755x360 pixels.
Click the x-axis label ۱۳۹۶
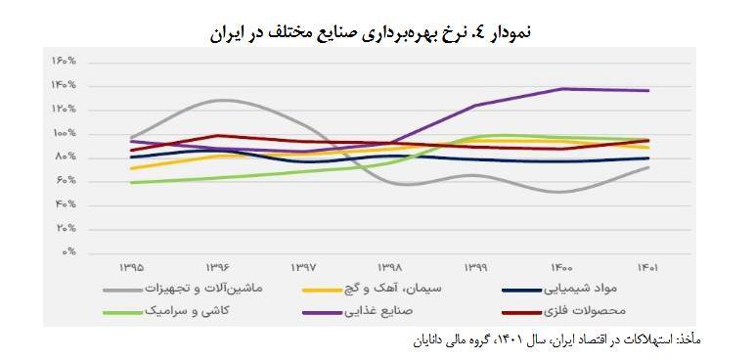coord(218,265)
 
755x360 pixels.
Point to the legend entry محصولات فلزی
coord(600,311)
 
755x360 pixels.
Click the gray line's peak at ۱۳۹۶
coord(221,100)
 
